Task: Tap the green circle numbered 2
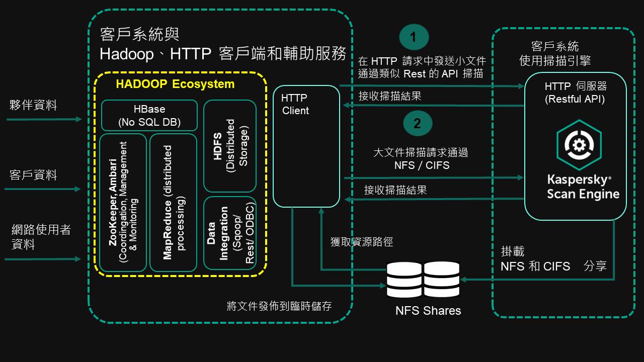[x=417, y=123]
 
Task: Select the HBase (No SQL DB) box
[x=149, y=115]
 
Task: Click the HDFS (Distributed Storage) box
[x=229, y=146]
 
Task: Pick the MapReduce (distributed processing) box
[x=173, y=202]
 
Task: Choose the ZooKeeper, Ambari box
[x=123, y=202]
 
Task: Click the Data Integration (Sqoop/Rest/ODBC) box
[x=229, y=233]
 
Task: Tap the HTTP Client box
[x=306, y=146]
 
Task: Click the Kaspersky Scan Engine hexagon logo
[x=579, y=146]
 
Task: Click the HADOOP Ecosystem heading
[x=175, y=84]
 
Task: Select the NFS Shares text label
[x=428, y=311]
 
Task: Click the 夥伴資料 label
[x=33, y=105]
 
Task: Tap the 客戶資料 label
[x=33, y=175]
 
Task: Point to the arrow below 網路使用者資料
[x=43, y=259]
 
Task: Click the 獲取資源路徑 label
[x=361, y=242]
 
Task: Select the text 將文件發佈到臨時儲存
[x=279, y=306]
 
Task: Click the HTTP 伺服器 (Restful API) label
[x=575, y=93]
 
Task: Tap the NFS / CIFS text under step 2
[x=422, y=165]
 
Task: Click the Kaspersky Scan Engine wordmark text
[x=583, y=187]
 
